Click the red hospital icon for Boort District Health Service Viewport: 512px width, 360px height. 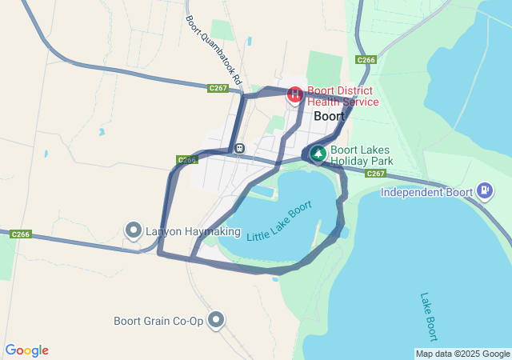(x=295, y=95)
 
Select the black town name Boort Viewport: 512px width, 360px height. (x=330, y=116)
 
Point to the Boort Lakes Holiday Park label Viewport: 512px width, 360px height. (x=362, y=155)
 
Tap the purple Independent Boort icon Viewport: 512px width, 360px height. (x=484, y=190)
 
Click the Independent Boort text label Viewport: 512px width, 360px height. (x=424, y=192)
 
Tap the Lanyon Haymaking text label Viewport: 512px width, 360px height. (x=193, y=232)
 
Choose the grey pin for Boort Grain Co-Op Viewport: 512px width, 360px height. (x=216, y=321)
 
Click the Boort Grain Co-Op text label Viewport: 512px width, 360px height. (x=158, y=322)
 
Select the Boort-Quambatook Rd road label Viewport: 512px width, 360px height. (x=202, y=45)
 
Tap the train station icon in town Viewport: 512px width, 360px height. (x=239, y=148)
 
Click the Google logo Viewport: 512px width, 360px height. (x=26, y=350)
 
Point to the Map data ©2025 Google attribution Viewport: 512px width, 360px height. (x=462, y=354)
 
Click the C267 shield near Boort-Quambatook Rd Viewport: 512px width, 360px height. (x=218, y=88)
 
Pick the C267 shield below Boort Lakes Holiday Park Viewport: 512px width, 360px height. (x=376, y=174)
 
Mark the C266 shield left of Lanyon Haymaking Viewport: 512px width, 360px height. (x=21, y=234)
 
